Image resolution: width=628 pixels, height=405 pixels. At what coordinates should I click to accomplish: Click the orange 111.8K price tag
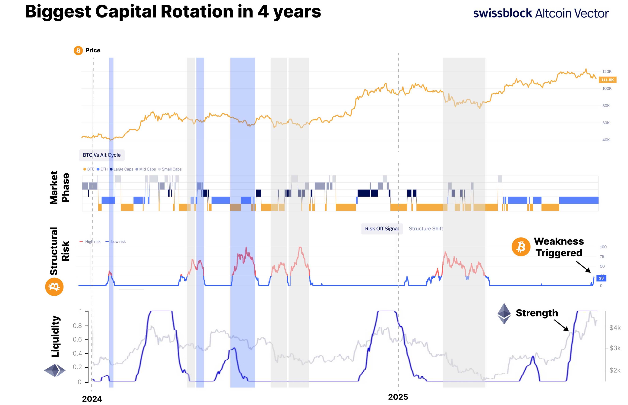pyautogui.click(x=607, y=80)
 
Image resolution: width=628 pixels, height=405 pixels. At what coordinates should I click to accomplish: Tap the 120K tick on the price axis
pyautogui.click(x=607, y=71)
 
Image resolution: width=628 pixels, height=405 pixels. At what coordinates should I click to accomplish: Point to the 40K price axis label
pyautogui.click(x=606, y=140)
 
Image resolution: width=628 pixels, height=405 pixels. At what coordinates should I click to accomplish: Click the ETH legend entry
pyautogui.click(x=102, y=169)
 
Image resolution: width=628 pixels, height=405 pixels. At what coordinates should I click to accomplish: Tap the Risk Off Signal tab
pyautogui.click(x=381, y=229)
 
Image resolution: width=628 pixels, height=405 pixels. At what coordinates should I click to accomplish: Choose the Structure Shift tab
pyautogui.click(x=426, y=229)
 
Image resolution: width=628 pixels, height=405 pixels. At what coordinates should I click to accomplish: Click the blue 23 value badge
pyautogui.click(x=601, y=278)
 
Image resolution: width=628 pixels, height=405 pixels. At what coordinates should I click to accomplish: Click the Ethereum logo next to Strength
pyautogui.click(x=504, y=313)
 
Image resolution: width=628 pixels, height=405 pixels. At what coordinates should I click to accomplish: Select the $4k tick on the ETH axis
pyautogui.click(x=615, y=328)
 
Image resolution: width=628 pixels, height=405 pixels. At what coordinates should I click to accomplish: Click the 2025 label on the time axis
pyautogui.click(x=398, y=397)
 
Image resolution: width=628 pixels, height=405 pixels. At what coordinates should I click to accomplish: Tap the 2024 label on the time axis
pyautogui.click(x=92, y=399)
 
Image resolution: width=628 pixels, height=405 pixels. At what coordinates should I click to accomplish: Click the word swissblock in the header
pyautogui.click(x=503, y=13)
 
